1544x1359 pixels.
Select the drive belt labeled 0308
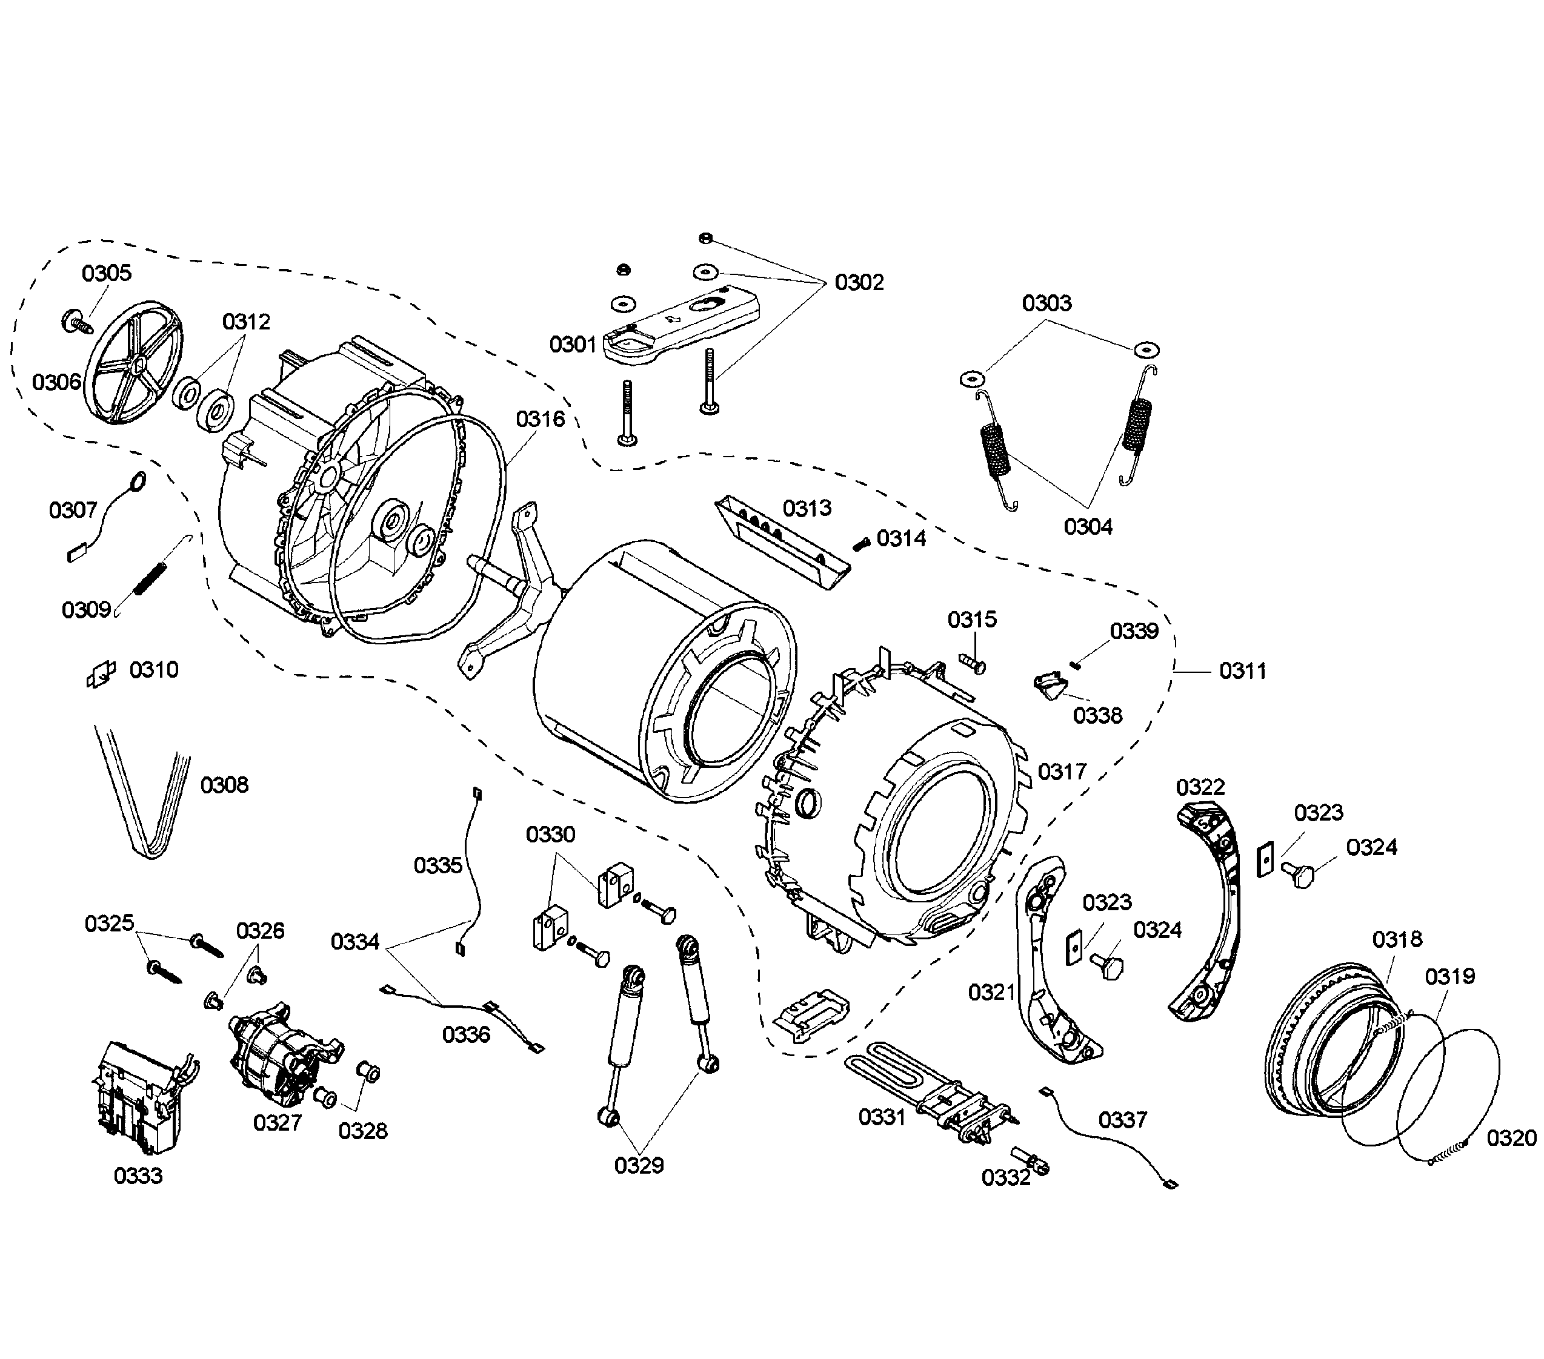pyautogui.click(x=144, y=800)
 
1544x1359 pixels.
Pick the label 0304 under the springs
pyautogui.click(x=1088, y=526)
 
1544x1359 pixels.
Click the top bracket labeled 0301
pyautogui.click(x=680, y=325)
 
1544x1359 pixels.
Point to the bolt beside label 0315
pyautogui.click(x=974, y=664)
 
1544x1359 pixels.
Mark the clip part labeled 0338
pyautogui.click(x=1050, y=686)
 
